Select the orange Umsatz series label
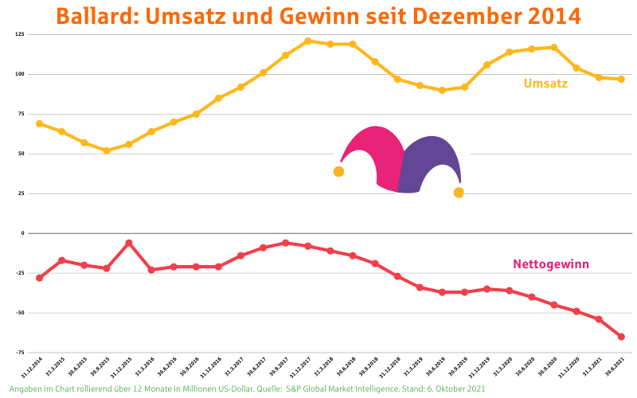[x=545, y=84]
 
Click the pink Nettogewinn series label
[x=551, y=264]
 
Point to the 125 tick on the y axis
[x=19, y=35]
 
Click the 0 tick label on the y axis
[x=23, y=233]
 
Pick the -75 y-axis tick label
[x=19, y=352]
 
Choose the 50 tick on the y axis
[x=21, y=154]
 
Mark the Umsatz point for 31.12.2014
[x=39, y=123]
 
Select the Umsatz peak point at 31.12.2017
[x=307, y=41]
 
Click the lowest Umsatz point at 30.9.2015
[x=106, y=150]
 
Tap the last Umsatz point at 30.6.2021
[x=621, y=79]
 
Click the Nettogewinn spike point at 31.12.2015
[x=128, y=243]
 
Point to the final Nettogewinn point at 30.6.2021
[x=621, y=337]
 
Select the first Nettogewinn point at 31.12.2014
[x=39, y=278]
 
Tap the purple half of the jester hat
[x=430, y=163]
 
